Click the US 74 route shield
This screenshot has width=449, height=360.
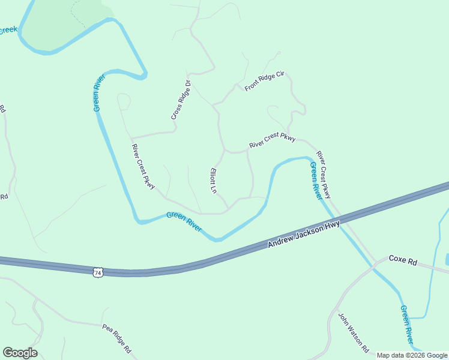(x=98, y=272)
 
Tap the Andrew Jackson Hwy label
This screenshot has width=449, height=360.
(x=304, y=235)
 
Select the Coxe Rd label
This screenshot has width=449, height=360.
(x=402, y=260)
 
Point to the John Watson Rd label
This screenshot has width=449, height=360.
(x=353, y=333)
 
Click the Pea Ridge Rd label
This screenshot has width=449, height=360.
(x=116, y=339)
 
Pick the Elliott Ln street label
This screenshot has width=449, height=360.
(x=212, y=180)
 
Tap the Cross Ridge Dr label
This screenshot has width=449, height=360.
(x=181, y=100)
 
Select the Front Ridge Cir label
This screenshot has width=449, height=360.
(x=264, y=82)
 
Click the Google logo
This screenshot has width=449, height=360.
(x=20, y=353)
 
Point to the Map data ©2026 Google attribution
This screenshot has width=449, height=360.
(x=412, y=355)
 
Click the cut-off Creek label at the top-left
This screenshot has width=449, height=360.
(x=8, y=29)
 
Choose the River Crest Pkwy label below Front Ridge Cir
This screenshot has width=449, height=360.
(x=273, y=141)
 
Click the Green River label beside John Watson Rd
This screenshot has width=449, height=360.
(x=407, y=325)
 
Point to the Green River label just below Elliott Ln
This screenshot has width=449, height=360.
(x=184, y=222)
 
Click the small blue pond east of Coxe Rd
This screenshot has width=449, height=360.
(x=447, y=259)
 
